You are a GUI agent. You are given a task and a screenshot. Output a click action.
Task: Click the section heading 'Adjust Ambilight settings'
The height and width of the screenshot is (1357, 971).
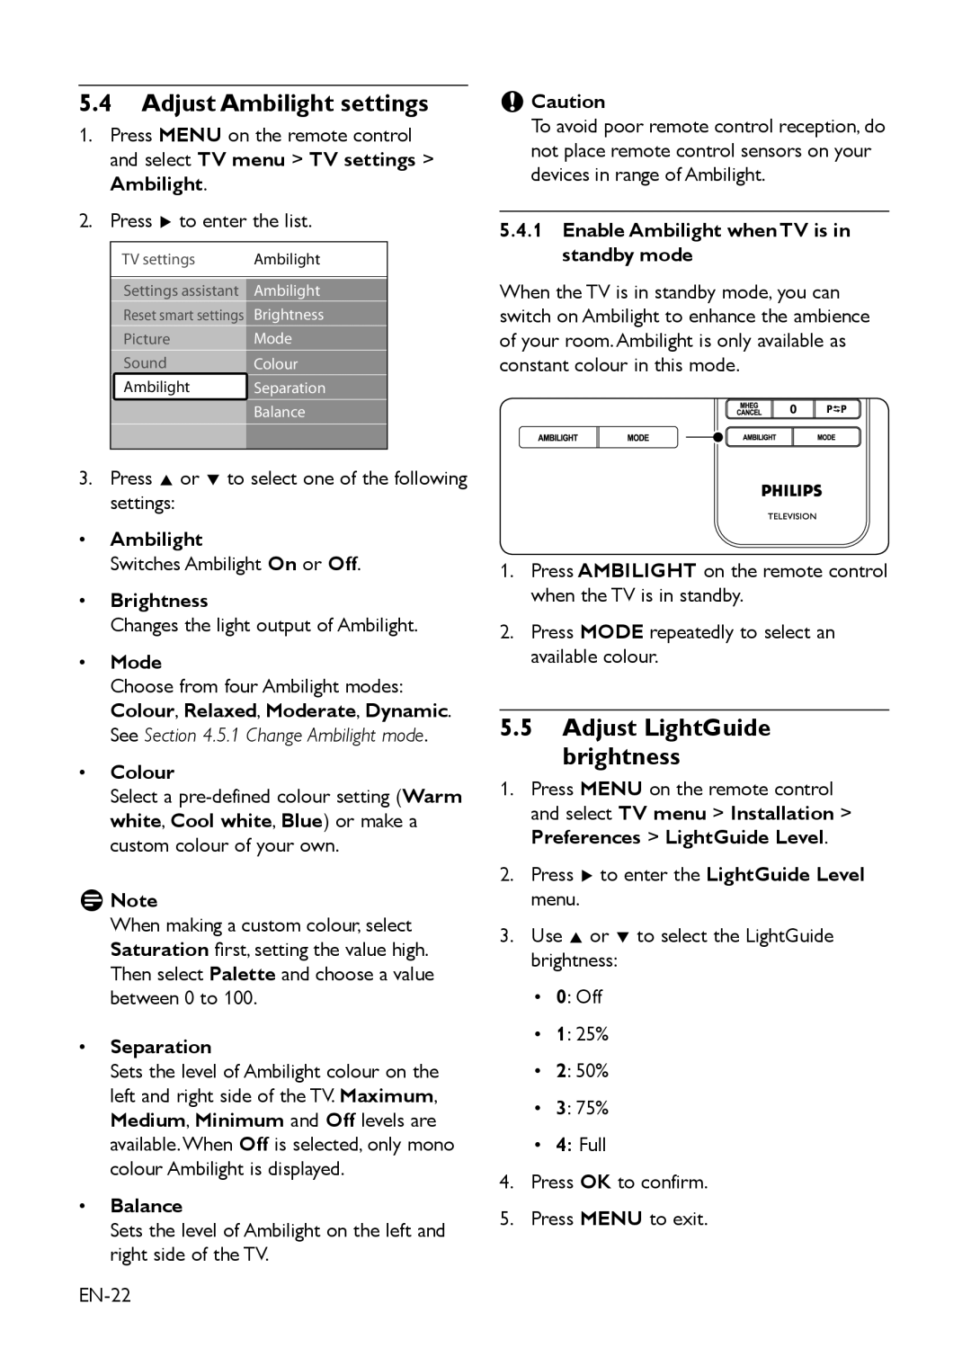284,103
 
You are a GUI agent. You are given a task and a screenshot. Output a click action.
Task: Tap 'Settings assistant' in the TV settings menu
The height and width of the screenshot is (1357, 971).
180,290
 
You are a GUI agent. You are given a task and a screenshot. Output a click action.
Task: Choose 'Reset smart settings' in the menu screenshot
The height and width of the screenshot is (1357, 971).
183,315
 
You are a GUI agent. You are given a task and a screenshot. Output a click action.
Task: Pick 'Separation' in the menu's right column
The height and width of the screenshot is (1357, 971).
290,388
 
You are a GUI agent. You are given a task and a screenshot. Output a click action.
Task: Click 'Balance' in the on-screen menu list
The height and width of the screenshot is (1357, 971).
280,412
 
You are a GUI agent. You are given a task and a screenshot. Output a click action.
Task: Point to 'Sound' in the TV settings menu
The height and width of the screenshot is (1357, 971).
145,362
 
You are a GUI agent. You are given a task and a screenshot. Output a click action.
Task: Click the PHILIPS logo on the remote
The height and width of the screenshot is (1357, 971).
791,491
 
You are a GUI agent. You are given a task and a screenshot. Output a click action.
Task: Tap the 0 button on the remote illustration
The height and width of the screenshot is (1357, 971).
793,409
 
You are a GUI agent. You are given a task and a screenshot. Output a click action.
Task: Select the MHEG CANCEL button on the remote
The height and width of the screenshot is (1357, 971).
749,409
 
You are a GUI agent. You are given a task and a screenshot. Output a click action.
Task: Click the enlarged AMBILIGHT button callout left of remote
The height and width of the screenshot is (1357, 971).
557,438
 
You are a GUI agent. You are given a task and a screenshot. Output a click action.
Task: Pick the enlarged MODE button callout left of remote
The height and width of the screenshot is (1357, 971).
637,438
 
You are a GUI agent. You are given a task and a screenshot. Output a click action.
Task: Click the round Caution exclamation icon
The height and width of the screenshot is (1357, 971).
512,102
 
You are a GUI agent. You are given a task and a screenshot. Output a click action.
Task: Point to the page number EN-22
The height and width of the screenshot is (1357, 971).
105,1295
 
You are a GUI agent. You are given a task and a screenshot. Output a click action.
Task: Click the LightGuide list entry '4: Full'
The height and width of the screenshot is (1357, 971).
581,1144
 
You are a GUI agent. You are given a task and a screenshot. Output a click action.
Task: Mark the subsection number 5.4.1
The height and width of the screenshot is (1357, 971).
521,230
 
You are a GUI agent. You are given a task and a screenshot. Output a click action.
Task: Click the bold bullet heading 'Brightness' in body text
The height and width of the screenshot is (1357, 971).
159,601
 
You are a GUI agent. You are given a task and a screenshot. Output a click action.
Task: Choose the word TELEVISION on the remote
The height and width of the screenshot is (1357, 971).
791,516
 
